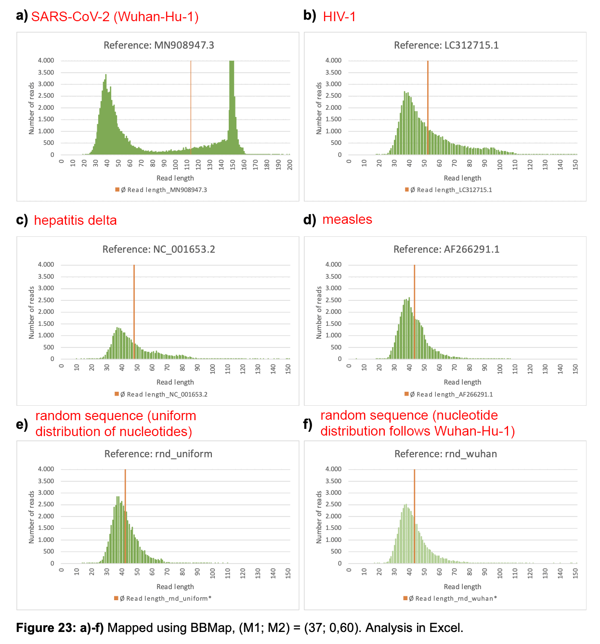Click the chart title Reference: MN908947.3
158,45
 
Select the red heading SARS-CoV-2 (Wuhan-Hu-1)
115,17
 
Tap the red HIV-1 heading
339,17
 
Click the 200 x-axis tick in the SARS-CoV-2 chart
289,165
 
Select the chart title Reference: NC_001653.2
158,249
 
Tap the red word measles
347,219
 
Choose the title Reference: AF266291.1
446,249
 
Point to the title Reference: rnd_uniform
158,454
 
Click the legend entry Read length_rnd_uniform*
163,598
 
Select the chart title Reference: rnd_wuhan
445,454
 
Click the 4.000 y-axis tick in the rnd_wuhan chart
333,469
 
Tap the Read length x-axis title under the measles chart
462,382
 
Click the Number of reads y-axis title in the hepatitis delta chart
32,312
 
